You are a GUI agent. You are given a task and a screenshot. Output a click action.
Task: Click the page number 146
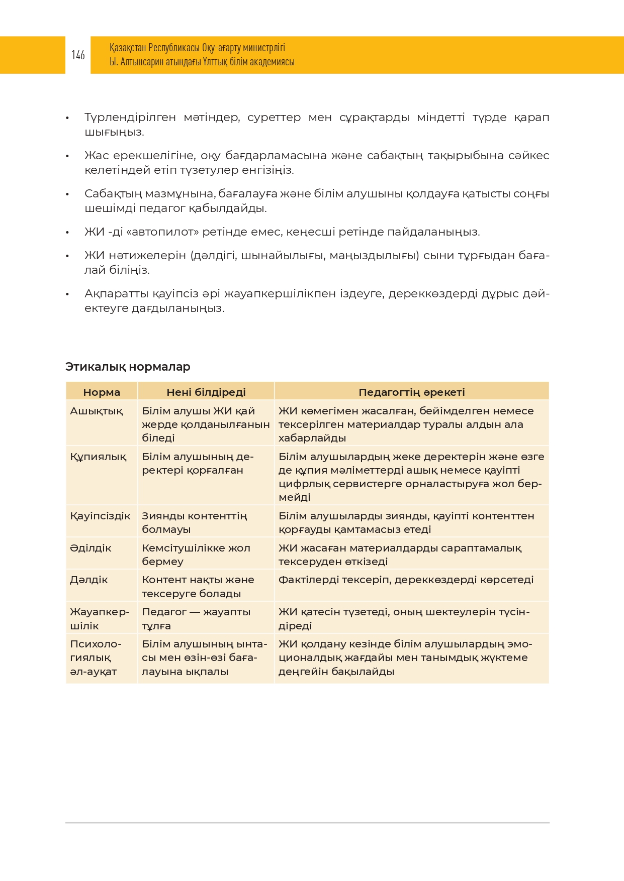pyautogui.click(x=78, y=55)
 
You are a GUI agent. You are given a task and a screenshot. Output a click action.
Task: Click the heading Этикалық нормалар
pyautogui.click(x=128, y=367)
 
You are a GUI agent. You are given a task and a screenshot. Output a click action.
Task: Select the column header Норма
pyautogui.click(x=102, y=392)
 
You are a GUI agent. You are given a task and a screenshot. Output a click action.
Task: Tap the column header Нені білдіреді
pyautogui.click(x=206, y=392)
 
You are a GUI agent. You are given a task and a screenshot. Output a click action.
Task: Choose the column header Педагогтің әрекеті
pyautogui.click(x=411, y=392)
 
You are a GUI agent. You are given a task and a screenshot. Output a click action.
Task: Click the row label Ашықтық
pyautogui.click(x=96, y=411)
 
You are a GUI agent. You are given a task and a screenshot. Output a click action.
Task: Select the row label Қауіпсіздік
pyautogui.click(x=100, y=516)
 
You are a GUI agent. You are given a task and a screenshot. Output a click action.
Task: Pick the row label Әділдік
pyautogui.click(x=91, y=548)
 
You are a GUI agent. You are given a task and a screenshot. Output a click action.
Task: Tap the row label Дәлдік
pyautogui.click(x=89, y=580)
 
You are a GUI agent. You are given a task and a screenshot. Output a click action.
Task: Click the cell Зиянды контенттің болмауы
pyautogui.click(x=194, y=522)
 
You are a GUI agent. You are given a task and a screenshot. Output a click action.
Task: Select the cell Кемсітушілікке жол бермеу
pyautogui.click(x=196, y=555)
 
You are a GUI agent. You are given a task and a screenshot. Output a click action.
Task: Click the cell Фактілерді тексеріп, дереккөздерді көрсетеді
pyautogui.click(x=406, y=580)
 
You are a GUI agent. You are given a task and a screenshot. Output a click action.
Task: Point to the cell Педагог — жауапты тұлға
pyautogui.click(x=196, y=619)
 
